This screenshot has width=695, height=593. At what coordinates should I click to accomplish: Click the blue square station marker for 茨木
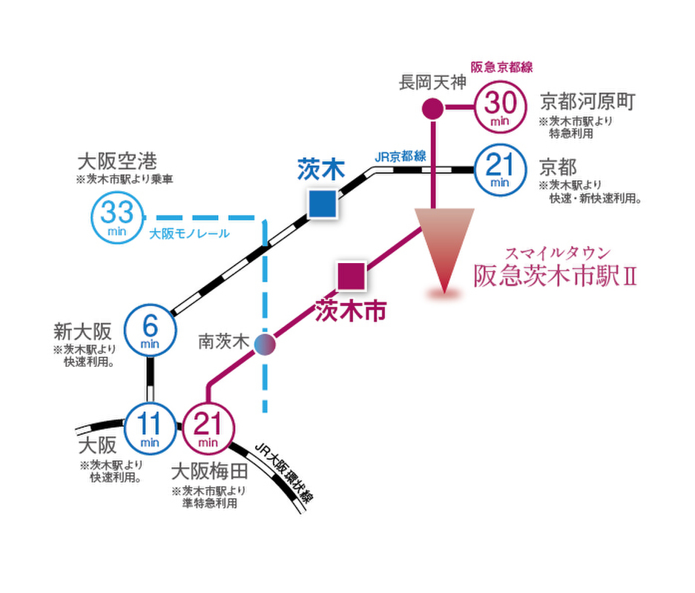[x=322, y=204]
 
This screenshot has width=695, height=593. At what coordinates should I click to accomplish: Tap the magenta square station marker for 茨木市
[x=352, y=276]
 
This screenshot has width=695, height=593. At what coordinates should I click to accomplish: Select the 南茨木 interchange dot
[x=265, y=345]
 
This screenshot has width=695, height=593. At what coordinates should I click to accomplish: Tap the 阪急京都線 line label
[x=501, y=67]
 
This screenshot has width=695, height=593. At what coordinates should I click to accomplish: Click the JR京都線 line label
[x=401, y=156]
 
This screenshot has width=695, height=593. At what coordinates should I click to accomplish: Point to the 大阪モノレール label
[x=189, y=233]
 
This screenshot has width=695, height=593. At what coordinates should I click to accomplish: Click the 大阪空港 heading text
[x=117, y=161]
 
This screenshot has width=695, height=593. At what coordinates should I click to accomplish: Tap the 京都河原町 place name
[x=587, y=102]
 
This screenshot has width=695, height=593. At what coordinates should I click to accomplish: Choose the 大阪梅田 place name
[x=210, y=471]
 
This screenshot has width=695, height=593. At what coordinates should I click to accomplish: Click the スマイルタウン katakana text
[x=558, y=254]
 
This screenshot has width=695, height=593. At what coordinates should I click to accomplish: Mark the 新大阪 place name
[x=82, y=331]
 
